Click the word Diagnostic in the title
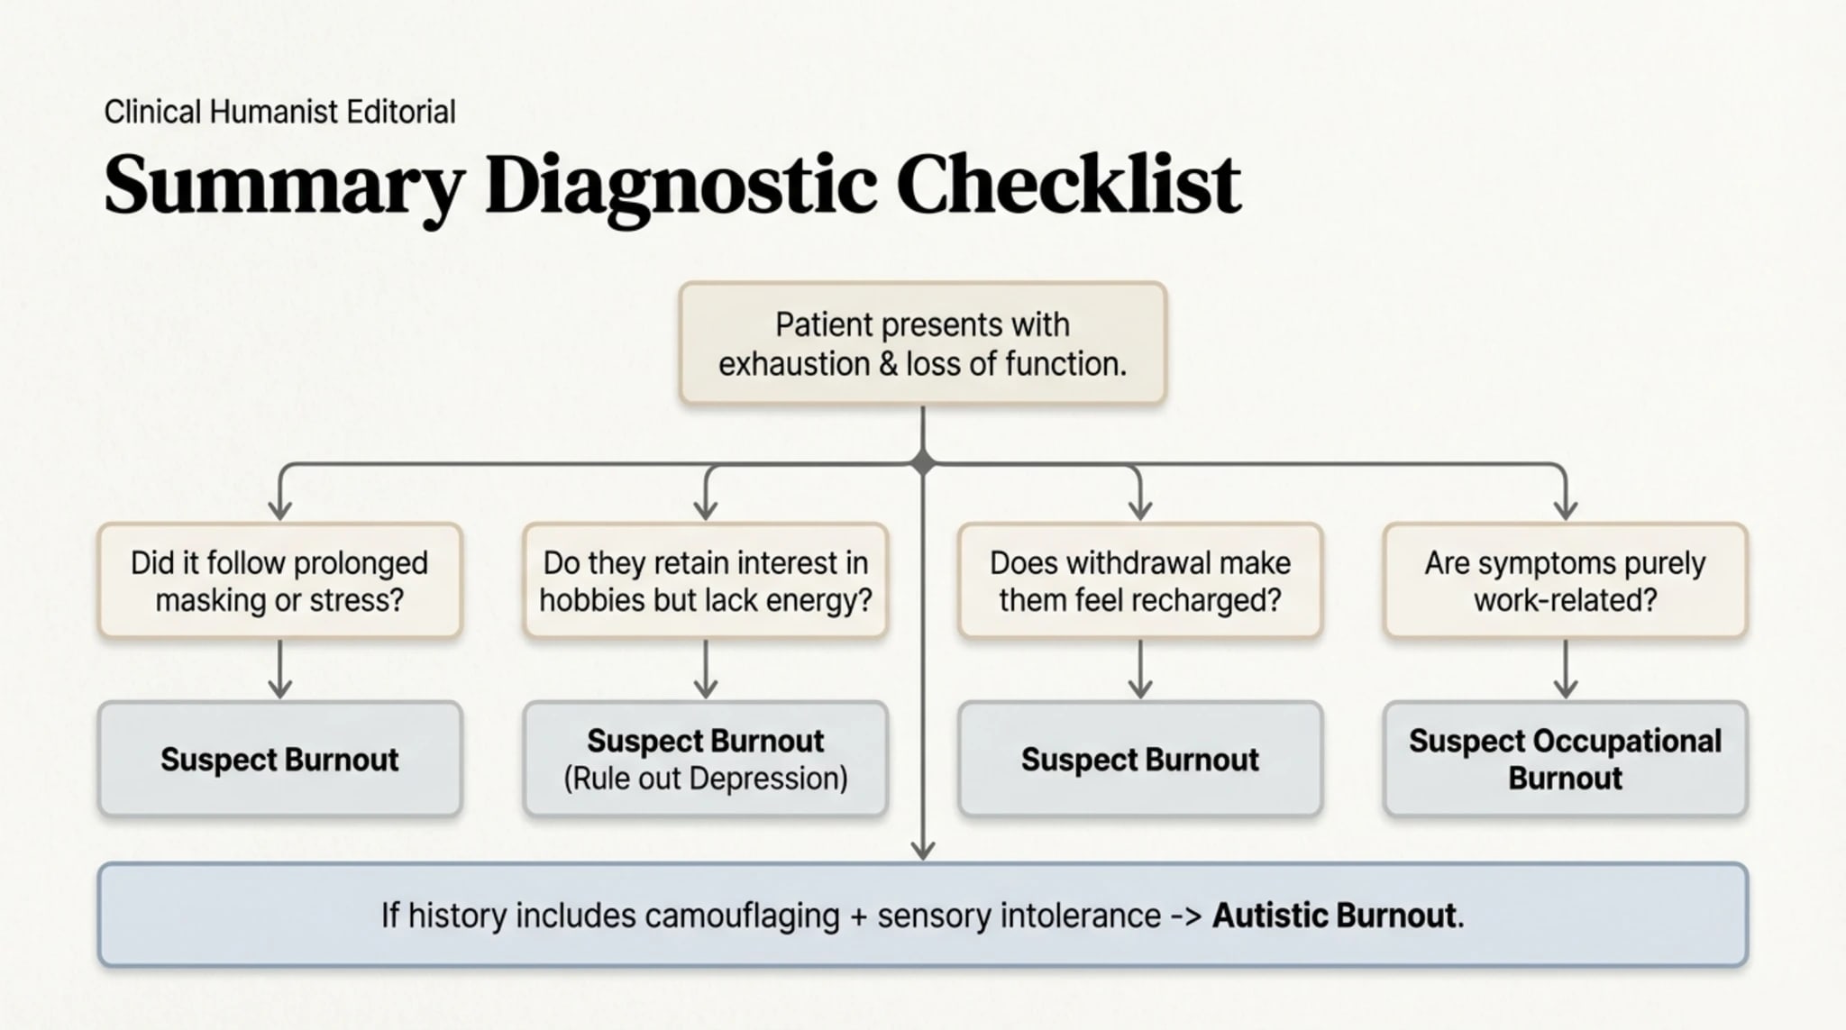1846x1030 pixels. click(x=681, y=185)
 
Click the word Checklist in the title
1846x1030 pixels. click(x=1068, y=185)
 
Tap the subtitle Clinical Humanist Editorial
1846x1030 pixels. click(x=279, y=112)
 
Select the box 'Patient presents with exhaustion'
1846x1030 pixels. click(x=922, y=343)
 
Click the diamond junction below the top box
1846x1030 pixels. click(x=922, y=463)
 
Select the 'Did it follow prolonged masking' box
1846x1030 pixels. click(x=279, y=581)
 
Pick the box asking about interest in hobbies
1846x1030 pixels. click(x=705, y=581)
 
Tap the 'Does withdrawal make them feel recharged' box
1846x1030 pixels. click(x=1139, y=581)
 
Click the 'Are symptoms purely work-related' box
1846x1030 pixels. click(x=1565, y=581)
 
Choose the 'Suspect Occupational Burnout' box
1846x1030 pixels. click(x=1565, y=759)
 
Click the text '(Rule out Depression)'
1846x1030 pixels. click(x=705, y=779)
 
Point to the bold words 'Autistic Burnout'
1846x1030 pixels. click(x=1334, y=916)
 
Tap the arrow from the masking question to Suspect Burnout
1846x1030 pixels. click(x=279, y=669)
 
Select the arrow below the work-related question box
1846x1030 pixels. click(x=1565, y=669)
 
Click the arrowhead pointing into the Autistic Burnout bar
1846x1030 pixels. click(x=922, y=850)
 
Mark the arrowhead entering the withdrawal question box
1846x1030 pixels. click(x=1139, y=510)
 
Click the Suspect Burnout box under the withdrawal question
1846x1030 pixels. click(x=1139, y=759)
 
